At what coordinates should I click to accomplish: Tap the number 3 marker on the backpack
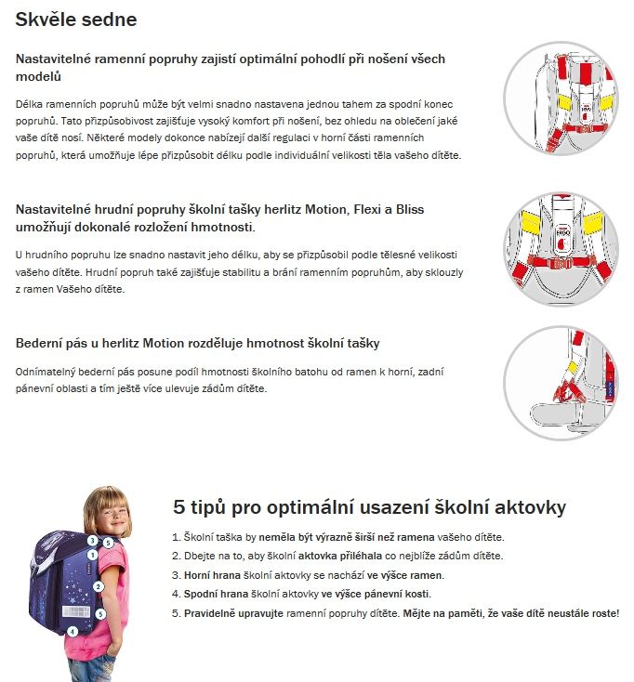tap(93, 539)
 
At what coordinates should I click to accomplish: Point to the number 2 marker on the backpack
tap(98, 587)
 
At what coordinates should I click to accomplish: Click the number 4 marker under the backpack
tap(72, 632)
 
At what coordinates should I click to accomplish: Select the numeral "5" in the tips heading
tap(180, 507)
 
